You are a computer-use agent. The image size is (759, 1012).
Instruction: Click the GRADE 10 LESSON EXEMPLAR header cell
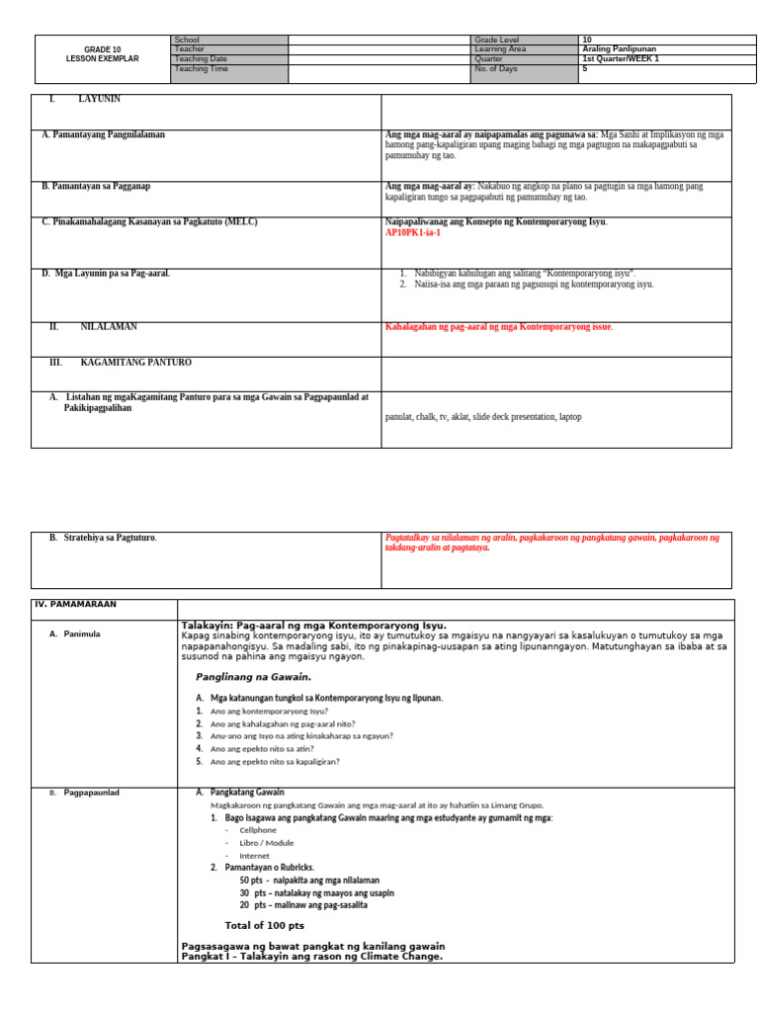pos(103,53)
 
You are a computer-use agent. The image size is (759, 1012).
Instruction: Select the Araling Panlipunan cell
pos(620,48)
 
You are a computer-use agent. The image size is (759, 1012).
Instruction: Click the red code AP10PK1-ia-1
pos(413,233)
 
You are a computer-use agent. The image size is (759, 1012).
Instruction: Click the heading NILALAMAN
pos(109,327)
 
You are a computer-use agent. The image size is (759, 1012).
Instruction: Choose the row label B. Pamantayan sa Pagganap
pos(96,186)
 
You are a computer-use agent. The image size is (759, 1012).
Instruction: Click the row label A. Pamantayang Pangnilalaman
pos(103,135)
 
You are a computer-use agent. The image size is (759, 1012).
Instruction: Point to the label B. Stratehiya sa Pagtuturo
pos(103,538)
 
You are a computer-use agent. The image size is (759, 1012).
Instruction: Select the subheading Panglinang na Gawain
pos(253,677)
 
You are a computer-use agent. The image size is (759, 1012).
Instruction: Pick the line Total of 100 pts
pos(264,926)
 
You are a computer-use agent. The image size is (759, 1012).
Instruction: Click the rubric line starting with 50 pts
pos(309,880)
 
